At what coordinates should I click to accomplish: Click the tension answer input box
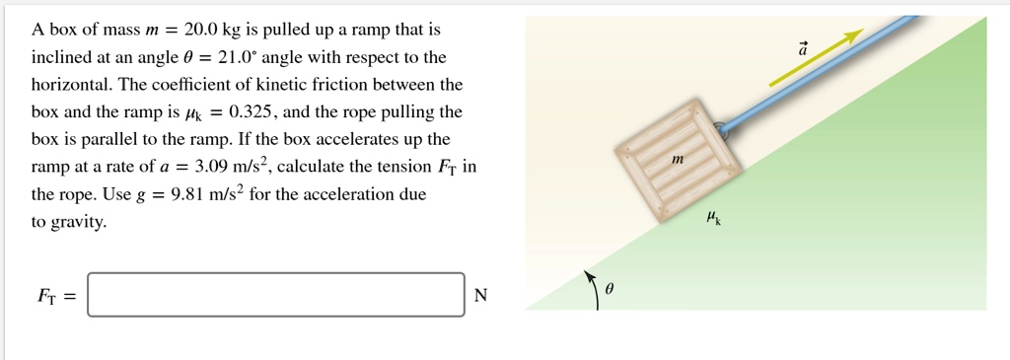pos(275,295)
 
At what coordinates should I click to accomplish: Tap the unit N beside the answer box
pos(480,296)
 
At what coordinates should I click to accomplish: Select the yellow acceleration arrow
pos(817,58)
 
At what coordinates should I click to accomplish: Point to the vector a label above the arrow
pos(803,47)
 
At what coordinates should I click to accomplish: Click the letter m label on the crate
pos(677,158)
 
